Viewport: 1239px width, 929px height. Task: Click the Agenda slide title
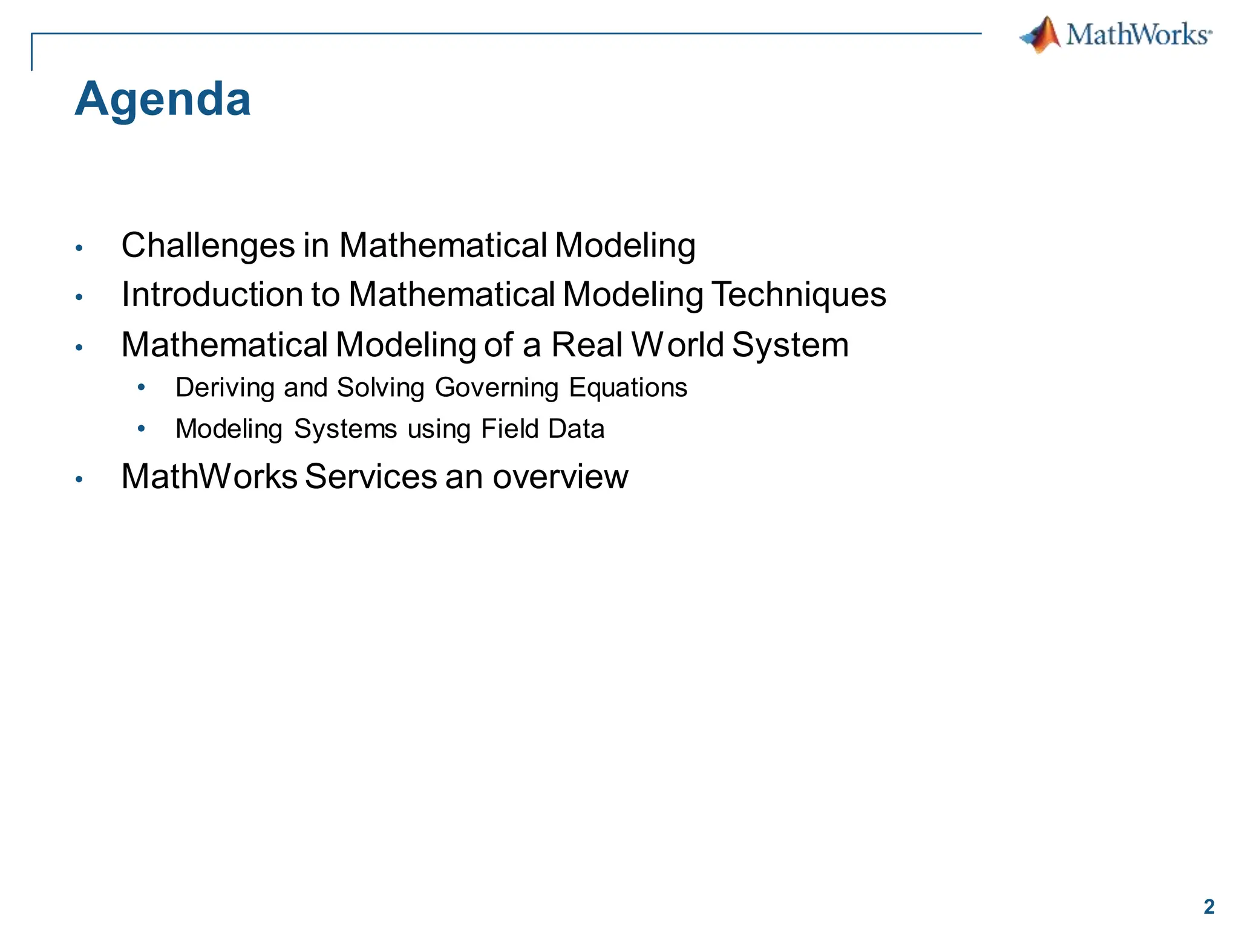pos(162,99)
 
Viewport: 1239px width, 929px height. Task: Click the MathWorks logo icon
pos(1041,34)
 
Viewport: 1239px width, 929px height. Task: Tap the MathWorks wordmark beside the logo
pos(1138,34)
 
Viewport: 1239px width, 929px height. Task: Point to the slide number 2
pos(1209,907)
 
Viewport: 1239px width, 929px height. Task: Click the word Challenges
pos(208,246)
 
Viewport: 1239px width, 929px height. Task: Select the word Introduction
pos(212,295)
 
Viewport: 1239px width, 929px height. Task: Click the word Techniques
pos(799,295)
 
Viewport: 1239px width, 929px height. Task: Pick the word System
pos(790,345)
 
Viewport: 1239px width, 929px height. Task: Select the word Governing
pos(497,388)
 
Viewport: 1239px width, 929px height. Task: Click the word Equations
pos(628,388)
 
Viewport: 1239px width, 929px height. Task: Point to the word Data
pos(576,429)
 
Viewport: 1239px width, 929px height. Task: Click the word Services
pos(371,477)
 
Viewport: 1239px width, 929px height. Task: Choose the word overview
pos(560,477)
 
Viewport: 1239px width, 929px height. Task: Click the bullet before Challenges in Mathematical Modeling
pos(79,247)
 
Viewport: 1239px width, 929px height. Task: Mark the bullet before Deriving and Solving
pos(142,387)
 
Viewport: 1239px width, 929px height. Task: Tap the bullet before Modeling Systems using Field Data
pos(142,428)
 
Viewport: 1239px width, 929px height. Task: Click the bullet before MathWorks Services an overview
pos(79,478)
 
